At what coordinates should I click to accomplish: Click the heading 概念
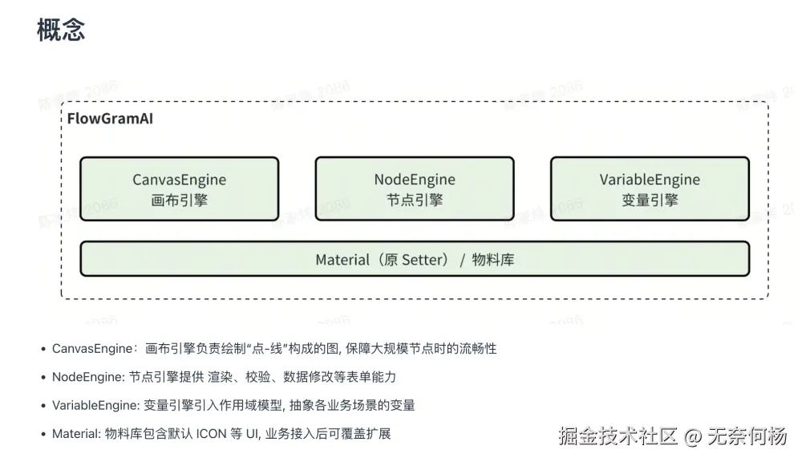click(61, 30)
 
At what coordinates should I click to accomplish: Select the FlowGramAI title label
click(110, 119)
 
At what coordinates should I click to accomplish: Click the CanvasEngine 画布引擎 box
click(179, 189)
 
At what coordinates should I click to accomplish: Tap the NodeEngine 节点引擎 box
click(414, 189)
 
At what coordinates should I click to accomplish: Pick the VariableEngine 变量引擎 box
click(650, 189)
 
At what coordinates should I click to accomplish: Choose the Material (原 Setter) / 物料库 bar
click(414, 259)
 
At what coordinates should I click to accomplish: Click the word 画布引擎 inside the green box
click(179, 201)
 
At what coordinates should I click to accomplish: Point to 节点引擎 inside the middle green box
click(414, 201)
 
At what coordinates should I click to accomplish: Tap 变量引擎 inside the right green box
click(650, 201)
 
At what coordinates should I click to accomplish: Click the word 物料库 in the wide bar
click(493, 260)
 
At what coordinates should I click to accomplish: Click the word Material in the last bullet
click(76, 434)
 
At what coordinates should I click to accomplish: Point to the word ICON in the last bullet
click(206, 434)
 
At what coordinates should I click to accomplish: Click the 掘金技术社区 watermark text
click(618, 437)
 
